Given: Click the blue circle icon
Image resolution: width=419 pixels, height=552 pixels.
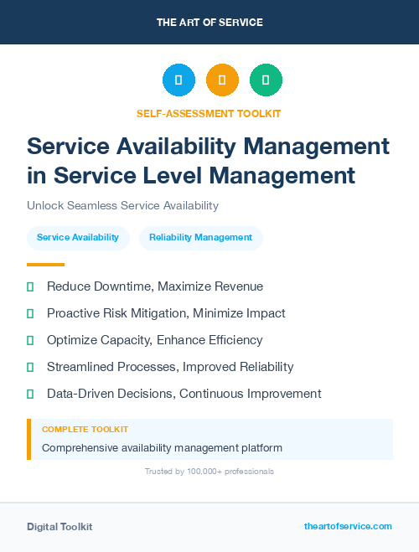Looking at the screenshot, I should pyautogui.click(x=178, y=80).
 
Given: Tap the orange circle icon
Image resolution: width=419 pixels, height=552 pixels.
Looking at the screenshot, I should pyautogui.click(x=222, y=80).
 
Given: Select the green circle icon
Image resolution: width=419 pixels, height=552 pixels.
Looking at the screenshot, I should pyautogui.click(x=266, y=80).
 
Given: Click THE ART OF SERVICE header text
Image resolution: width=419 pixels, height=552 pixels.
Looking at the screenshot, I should pyautogui.click(x=209, y=23).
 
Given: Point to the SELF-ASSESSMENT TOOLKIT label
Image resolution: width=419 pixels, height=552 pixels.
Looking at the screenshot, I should pyautogui.click(x=209, y=113).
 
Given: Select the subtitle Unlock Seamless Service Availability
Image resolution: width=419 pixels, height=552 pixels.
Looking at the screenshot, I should pyautogui.click(x=122, y=205).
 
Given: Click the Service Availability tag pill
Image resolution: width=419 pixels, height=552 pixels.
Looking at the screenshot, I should pyautogui.click(x=78, y=238).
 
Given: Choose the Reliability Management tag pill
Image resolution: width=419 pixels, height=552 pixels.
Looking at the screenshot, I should pyautogui.click(x=200, y=238).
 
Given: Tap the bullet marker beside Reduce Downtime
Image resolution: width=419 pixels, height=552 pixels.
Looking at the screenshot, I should pyautogui.click(x=30, y=287).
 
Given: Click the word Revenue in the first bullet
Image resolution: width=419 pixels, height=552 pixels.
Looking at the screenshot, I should pyautogui.click(x=235, y=286).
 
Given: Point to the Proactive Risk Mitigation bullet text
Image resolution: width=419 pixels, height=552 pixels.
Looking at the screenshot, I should pyautogui.click(x=166, y=313).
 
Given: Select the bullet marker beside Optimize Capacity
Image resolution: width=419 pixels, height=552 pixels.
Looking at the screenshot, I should pyautogui.click(x=30, y=341).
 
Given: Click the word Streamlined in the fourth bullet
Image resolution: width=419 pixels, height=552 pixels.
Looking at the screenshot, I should pyautogui.click(x=81, y=367).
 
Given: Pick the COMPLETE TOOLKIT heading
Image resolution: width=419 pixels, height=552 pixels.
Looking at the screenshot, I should pyautogui.click(x=85, y=430).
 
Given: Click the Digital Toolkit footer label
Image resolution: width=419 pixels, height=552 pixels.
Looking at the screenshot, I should pyautogui.click(x=59, y=527).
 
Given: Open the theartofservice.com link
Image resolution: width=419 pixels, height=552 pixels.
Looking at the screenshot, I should pyautogui.click(x=348, y=526).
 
